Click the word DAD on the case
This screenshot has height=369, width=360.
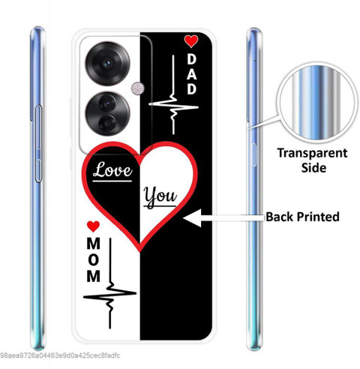[x=192, y=74]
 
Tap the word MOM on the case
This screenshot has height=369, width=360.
[x=94, y=259]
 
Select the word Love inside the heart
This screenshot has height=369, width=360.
[x=112, y=170]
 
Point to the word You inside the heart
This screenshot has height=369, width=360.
[x=160, y=197]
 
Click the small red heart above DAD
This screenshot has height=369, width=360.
[x=191, y=41]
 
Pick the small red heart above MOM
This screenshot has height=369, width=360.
[x=93, y=226]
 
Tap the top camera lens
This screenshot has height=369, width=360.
[x=107, y=64]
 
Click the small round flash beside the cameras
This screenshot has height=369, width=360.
[x=137, y=88]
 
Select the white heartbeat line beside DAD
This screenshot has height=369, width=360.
[x=173, y=100]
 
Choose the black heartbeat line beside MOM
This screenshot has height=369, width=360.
[x=110, y=287]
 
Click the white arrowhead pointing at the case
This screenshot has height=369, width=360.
[x=193, y=218]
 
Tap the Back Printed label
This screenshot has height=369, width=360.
[x=302, y=217]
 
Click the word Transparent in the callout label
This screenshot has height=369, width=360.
[x=312, y=153]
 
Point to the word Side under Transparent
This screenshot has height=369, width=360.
[x=313, y=167]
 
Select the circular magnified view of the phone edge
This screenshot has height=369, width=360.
[x=316, y=103]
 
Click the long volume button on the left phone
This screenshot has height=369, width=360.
[x=38, y=144]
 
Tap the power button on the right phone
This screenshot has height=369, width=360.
[x=254, y=155]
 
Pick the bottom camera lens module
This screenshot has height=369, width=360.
[x=107, y=114]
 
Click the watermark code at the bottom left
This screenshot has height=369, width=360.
[x=60, y=355]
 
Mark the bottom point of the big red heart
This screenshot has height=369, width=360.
[x=140, y=251]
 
